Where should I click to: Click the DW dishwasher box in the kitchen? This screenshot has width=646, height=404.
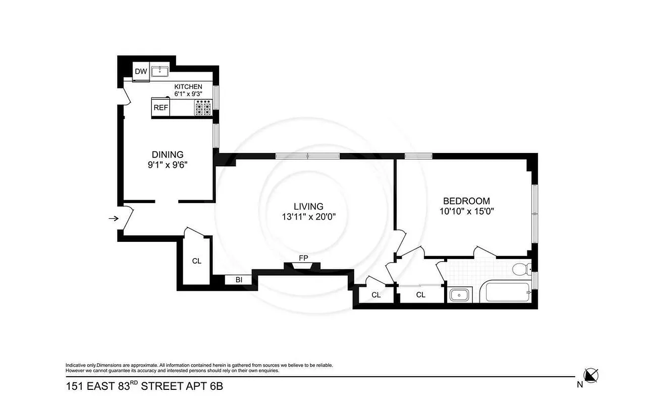coord(141,72)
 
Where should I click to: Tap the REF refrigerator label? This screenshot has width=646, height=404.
coord(160,108)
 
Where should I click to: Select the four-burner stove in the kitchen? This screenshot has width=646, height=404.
coord(203,107)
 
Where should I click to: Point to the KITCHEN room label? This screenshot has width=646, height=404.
coord(188,87)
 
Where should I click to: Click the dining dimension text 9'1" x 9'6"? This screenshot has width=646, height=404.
coord(168,165)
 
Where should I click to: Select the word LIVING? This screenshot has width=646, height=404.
coord(308,206)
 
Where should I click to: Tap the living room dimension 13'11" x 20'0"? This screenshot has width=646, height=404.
coord(309,216)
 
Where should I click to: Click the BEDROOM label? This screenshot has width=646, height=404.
coord(466,200)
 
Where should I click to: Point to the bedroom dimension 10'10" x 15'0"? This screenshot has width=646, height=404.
coord(466,211)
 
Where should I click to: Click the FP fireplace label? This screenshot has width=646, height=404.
coord(303,258)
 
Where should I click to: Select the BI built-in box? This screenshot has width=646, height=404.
coord(239,280)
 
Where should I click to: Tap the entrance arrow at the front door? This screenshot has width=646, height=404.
coord(114,219)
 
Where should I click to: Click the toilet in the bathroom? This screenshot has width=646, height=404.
coord(520,269)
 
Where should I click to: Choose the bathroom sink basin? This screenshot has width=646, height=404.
coord(459,295)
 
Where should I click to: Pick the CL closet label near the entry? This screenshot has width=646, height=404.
coord(196,261)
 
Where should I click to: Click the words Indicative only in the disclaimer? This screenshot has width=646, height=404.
coord(80,365)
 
